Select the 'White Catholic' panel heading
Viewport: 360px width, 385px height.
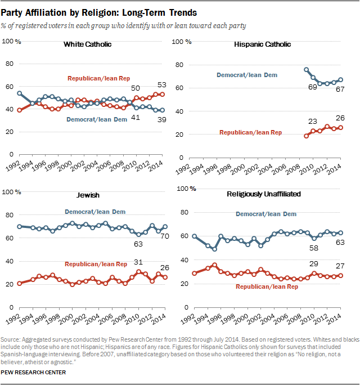(87, 44)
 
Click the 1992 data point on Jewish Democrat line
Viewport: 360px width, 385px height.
(20, 226)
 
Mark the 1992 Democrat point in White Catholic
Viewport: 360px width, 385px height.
(20, 93)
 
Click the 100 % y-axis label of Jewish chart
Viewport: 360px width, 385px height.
(12, 192)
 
